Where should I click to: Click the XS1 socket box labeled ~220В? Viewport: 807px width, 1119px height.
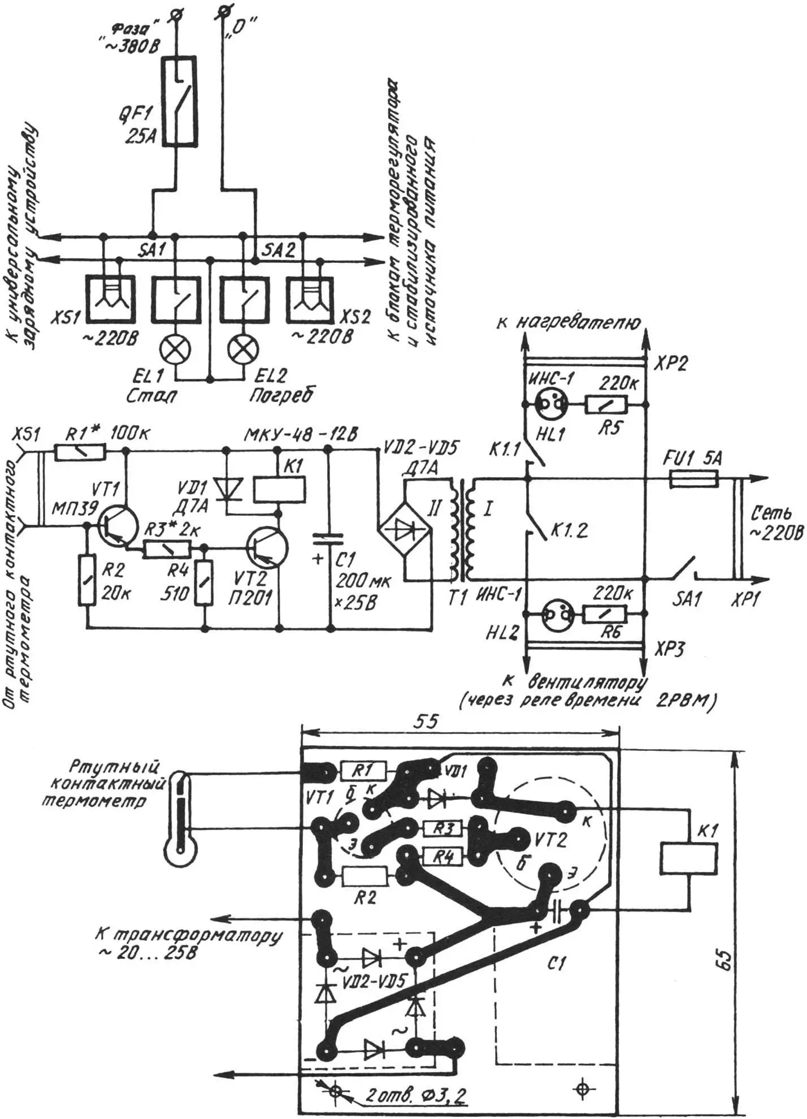[110, 299]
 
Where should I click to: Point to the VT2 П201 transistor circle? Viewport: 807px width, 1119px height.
[267, 547]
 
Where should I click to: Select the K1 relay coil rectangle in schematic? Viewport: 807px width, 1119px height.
[279, 489]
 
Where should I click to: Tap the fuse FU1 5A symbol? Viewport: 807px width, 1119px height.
[693, 480]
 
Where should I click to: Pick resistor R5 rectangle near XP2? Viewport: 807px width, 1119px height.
[606, 404]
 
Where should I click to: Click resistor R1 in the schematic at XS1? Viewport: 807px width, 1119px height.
[81, 451]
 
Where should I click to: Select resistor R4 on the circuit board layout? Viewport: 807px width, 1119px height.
[444, 858]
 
